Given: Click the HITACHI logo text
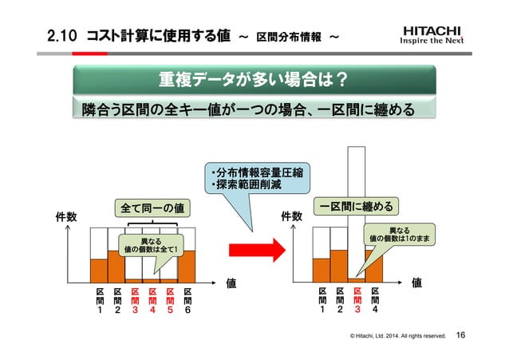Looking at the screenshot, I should (431, 32).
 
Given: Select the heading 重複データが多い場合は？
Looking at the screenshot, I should (252, 80).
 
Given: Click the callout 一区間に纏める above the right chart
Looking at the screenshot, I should (356, 207).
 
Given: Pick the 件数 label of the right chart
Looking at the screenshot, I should (292, 216).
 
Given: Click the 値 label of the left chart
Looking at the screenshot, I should (231, 282).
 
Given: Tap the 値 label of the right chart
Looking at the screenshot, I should (416, 282).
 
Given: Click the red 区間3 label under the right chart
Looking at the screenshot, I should (357, 301).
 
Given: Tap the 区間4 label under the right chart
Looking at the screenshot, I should (375, 301).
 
